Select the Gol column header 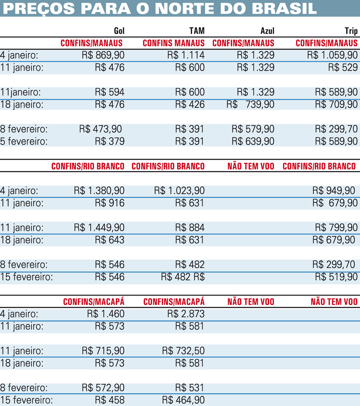[x=119, y=31]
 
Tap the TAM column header [x=197, y=31]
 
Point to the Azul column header [x=267, y=31]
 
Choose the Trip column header [x=351, y=31]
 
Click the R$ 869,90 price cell [x=103, y=55]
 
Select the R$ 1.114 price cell [x=186, y=55]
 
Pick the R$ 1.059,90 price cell [x=332, y=55]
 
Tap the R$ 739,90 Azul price [x=250, y=104]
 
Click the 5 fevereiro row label [x=24, y=141]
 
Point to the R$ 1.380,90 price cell [x=99, y=191]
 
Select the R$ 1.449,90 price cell [x=99, y=228]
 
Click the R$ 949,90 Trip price [x=334, y=191]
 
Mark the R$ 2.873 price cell [x=186, y=314]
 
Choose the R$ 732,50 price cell [x=183, y=351]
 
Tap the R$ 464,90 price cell [x=183, y=400]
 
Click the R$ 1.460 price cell [x=106, y=314]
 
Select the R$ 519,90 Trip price [x=336, y=277]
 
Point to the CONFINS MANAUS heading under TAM [x=174, y=43]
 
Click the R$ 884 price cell [x=190, y=228]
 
